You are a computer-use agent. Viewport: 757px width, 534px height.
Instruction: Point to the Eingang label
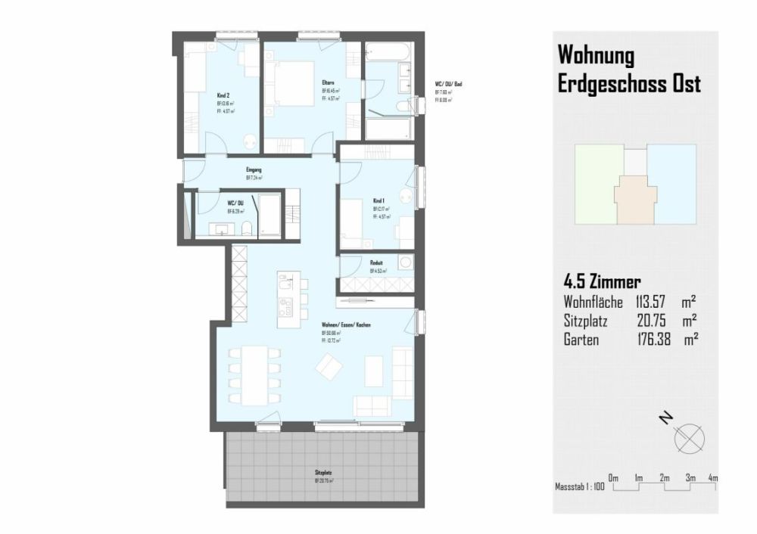coord(254,170)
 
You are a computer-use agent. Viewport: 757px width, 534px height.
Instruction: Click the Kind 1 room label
coord(379,200)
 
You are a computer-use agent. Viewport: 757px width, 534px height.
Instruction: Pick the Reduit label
coord(376,262)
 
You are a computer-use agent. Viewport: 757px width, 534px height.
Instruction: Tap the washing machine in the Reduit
coord(405,263)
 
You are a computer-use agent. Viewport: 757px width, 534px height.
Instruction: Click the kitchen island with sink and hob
coord(287,299)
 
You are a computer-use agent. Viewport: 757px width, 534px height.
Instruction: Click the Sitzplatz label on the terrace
coord(323,472)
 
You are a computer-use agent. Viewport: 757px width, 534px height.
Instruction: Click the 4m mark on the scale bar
coord(712,479)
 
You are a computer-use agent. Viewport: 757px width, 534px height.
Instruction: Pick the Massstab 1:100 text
coord(579,488)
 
